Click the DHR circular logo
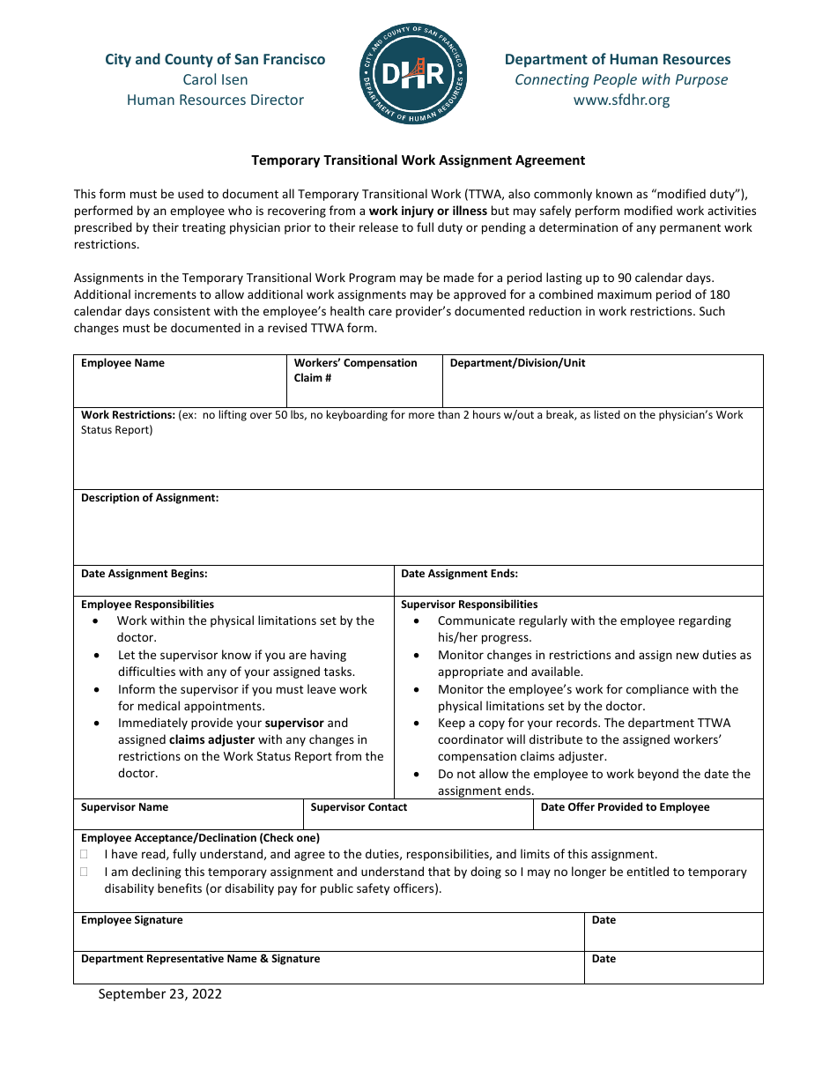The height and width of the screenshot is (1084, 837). tap(414, 74)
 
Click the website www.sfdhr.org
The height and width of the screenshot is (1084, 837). tap(621, 100)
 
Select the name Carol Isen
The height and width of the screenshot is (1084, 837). tap(215, 79)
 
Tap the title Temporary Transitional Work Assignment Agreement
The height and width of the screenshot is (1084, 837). tap(418, 160)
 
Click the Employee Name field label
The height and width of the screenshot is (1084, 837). tap(122, 363)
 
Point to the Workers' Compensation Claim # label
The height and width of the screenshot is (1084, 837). tap(355, 370)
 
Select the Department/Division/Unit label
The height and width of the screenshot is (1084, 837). tap(517, 363)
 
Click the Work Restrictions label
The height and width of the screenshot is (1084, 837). tap(129, 415)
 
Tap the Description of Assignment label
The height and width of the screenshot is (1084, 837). tap(150, 498)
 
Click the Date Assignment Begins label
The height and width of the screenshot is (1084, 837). tap(144, 574)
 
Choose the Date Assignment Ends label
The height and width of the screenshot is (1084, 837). tap(459, 574)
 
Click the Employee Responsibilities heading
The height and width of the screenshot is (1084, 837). tap(147, 605)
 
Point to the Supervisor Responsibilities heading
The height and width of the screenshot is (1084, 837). tap(469, 605)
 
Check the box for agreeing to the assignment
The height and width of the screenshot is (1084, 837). tap(85, 854)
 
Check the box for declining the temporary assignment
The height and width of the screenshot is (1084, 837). tap(85, 872)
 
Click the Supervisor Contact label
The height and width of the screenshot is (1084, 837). tap(359, 807)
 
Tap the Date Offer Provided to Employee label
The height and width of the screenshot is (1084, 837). tap(625, 807)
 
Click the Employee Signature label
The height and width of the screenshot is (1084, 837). tap(132, 920)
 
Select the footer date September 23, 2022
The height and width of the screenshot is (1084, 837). tap(159, 994)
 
